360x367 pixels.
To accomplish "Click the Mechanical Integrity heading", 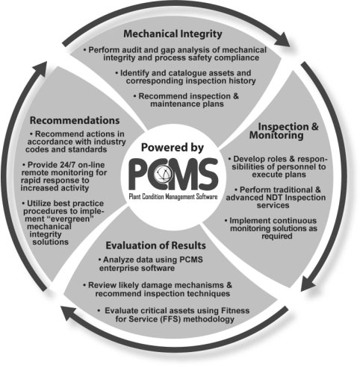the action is pyautogui.click(x=173, y=34).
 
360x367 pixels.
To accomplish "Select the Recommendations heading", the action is pyautogui.click(x=75, y=120).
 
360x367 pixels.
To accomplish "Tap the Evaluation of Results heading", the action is pyautogui.click(x=156, y=245).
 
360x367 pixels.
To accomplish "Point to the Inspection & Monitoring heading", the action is pyautogui.click(x=284, y=131).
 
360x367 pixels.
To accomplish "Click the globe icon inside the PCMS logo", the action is pyautogui.click(x=162, y=173).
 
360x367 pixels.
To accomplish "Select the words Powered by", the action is pyautogui.click(x=173, y=148).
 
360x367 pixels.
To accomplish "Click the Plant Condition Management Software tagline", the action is pyautogui.click(x=173, y=197).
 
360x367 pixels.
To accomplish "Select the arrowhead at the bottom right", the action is pyautogui.click(x=308, y=283).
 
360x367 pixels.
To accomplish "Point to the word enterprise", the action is pyautogui.click(x=118, y=269).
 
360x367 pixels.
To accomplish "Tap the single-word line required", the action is pyautogui.click(x=277, y=236).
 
